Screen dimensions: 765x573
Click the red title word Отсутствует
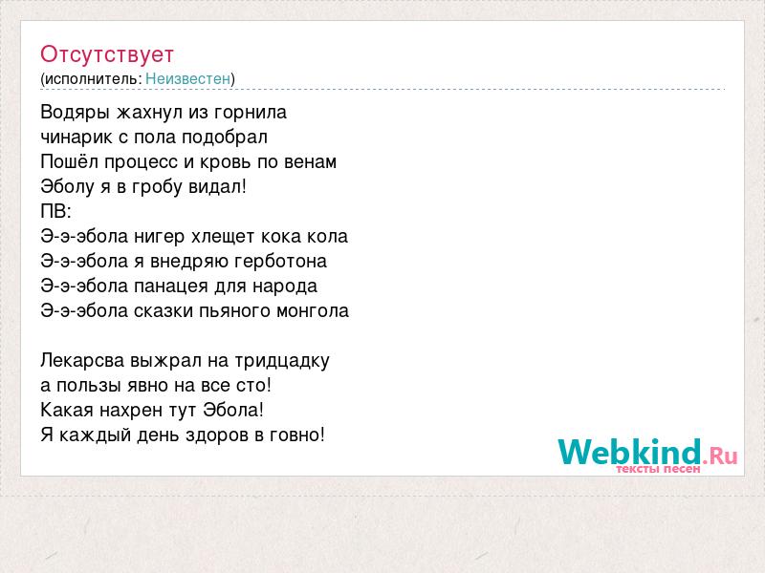tap(107, 54)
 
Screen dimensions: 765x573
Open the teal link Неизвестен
tap(187, 78)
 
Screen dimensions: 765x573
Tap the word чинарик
tap(76, 138)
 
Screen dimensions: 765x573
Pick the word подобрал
tap(225, 138)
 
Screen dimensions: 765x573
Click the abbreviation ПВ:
tap(55, 212)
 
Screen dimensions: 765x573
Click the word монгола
tap(313, 311)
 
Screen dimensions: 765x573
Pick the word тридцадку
tap(282, 361)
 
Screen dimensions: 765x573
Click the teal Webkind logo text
tap(629, 451)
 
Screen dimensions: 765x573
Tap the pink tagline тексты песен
tap(658, 469)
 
